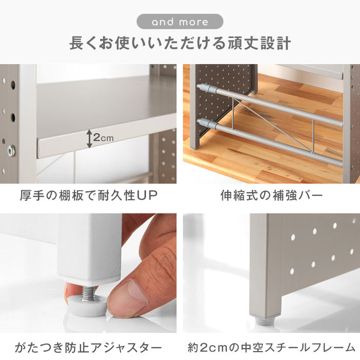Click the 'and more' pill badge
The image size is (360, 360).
[180, 22]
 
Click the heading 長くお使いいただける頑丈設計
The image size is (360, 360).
[180, 43]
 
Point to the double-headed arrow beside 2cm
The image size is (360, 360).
[89, 139]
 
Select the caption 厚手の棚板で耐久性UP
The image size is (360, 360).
[88, 195]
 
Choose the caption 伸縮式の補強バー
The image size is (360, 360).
[272, 195]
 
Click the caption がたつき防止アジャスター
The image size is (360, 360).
[88, 348]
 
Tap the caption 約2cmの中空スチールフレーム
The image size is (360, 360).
[272, 348]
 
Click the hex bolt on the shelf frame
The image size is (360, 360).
[11, 150]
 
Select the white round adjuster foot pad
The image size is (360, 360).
[87, 305]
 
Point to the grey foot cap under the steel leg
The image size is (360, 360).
[265, 321]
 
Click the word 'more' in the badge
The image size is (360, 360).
[193, 22]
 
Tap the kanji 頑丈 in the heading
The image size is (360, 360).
[243, 43]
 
